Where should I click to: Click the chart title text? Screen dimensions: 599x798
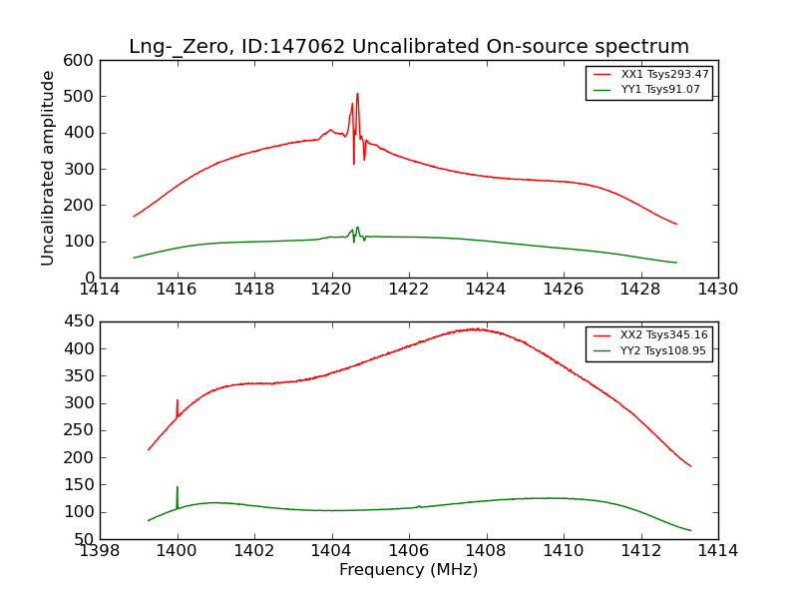[409, 47]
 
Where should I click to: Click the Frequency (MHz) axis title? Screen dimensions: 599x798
[409, 570]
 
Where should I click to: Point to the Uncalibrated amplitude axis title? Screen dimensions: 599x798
[48, 169]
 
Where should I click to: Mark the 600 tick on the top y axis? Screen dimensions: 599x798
[83, 60]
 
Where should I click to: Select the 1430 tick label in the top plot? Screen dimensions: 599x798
[717, 290]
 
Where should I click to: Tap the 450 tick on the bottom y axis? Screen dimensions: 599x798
[83, 321]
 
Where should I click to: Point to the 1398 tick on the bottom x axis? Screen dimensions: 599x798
[100, 550]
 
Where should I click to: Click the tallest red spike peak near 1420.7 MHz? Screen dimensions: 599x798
[357, 94]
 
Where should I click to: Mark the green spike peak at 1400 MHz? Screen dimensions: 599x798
[178, 487]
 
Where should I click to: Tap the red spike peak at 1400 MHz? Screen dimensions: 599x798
[178, 400]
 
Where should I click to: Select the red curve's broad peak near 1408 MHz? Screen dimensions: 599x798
[479, 328]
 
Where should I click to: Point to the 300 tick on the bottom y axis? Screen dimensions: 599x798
[83, 403]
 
